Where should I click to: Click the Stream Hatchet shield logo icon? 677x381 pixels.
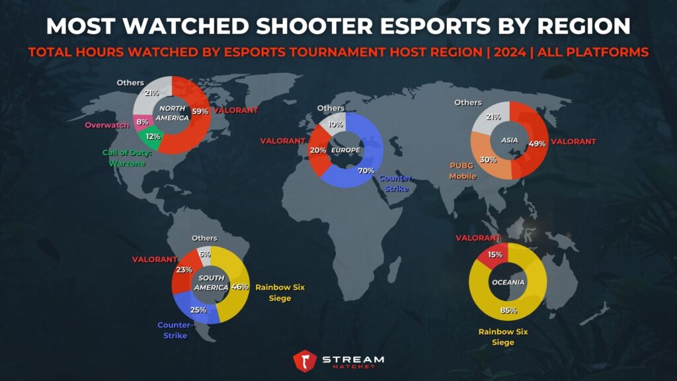305,361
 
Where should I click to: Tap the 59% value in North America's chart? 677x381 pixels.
199,111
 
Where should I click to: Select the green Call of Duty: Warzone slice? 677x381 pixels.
151,138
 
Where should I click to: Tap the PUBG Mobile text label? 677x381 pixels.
463,171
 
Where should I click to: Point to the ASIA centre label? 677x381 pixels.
509,140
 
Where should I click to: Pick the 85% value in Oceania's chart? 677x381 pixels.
508,310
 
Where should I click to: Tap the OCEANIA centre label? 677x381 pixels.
508,282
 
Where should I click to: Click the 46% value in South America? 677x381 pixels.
241,287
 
